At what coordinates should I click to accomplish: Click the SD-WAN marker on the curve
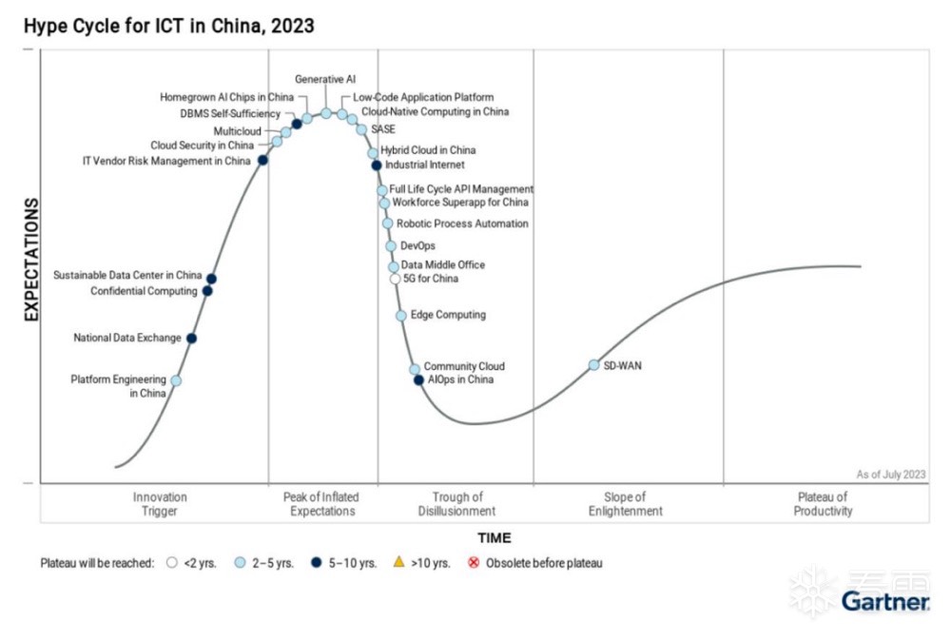(593, 365)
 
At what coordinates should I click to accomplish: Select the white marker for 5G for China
(395, 280)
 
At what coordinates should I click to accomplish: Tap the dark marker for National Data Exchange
(191, 339)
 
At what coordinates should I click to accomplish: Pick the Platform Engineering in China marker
(175, 380)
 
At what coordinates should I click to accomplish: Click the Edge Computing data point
(401, 315)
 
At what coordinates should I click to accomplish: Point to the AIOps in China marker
(418, 380)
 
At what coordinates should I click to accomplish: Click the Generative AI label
(325, 79)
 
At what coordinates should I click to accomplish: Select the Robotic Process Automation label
(462, 224)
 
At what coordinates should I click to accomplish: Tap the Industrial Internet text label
(425, 165)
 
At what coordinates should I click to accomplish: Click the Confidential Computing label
(144, 291)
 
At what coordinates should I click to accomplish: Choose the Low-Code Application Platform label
(423, 97)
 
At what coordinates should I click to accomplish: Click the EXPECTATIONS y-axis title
(31, 259)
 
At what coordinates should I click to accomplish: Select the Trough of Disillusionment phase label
(457, 504)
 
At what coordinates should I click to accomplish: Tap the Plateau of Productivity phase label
(823, 504)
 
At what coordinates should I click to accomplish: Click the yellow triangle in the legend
(399, 562)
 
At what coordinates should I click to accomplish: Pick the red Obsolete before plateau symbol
(473, 562)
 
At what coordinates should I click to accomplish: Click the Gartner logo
(884, 601)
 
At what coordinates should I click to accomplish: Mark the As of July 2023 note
(890, 474)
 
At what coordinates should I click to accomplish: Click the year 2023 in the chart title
(293, 27)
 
